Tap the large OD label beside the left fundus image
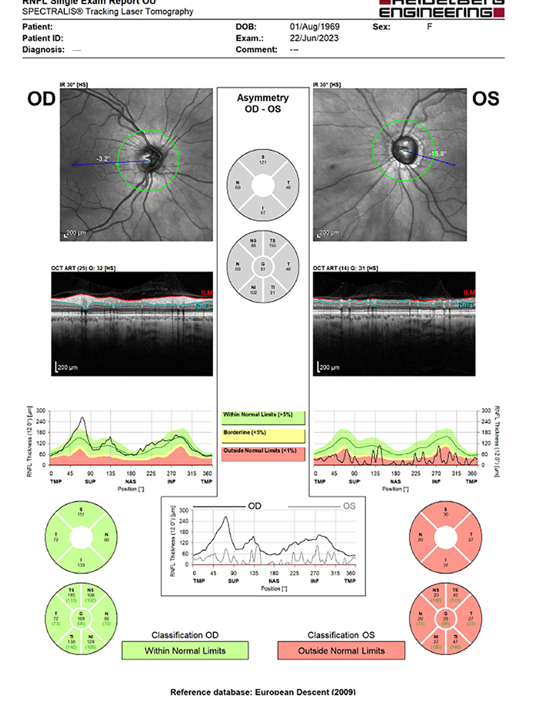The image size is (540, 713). click(x=40, y=99)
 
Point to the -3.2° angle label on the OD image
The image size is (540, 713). click(x=103, y=159)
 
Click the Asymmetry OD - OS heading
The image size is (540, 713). click(x=262, y=103)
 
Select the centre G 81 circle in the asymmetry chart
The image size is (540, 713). click(x=262, y=267)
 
